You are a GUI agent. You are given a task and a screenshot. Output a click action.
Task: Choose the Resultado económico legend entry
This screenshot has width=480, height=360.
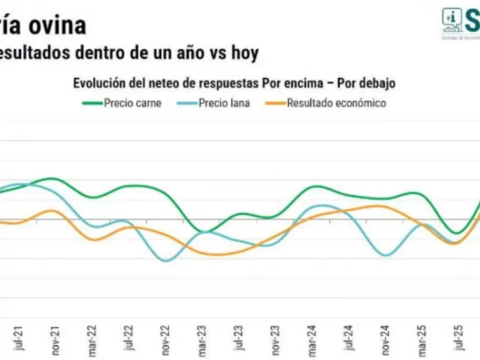tap(336, 103)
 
